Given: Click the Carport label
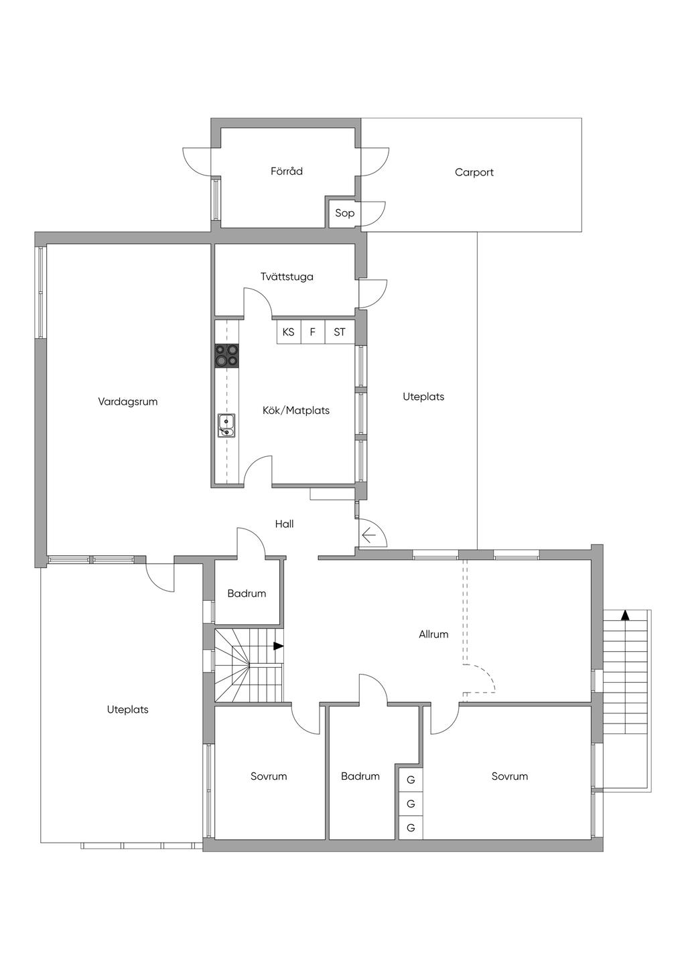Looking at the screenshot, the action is pyautogui.click(x=474, y=172).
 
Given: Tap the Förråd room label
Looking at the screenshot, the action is pyautogui.click(x=286, y=171).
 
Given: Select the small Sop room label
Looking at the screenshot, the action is pyautogui.click(x=344, y=213).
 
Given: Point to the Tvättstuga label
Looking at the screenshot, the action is pyautogui.click(x=287, y=277).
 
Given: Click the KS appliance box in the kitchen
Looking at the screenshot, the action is pyautogui.click(x=289, y=332).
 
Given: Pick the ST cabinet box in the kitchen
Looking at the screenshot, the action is pyautogui.click(x=340, y=332).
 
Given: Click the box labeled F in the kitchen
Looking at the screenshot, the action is pyautogui.click(x=313, y=332).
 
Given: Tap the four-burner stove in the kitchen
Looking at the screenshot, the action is pyautogui.click(x=227, y=356).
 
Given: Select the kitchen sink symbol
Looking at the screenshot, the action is pyautogui.click(x=226, y=425).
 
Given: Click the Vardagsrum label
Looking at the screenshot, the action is pyautogui.click(x=128, y=402).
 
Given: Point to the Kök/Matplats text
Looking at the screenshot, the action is pyautogui.click(x=296, y=411).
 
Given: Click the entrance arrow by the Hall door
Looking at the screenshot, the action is pyautogui.click(x=368, y=537).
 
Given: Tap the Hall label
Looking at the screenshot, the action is pyautogui.click(x=285, y=524).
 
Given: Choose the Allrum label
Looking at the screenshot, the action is pyautogui.click(x=433, y=634).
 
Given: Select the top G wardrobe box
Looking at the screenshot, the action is pyautogui.click(x=411, y=780).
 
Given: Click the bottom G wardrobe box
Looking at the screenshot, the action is pyautogui.click(x=411, y=828).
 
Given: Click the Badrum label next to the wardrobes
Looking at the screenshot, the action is pyautogui.click(x=360, y=776).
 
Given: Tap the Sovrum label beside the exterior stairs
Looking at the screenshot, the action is pyautogui.click(x=510, y=776).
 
